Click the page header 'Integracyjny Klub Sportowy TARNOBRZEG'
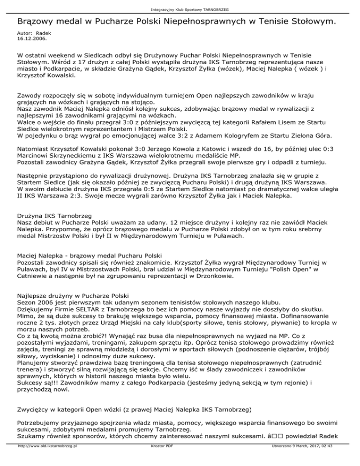coord(180,9)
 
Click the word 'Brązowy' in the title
coord(34,22)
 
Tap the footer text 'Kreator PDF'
coord(160,459)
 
